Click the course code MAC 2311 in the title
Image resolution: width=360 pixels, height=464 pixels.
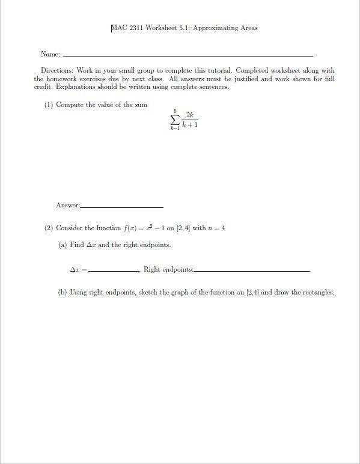point(127,28)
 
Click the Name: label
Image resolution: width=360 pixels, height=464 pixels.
point(50,55)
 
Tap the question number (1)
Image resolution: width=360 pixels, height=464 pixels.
point(49,105)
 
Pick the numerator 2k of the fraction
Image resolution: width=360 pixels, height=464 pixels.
point(189,114)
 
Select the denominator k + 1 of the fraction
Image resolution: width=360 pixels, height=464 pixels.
point(190,124)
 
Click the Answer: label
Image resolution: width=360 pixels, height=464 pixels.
point(67,206)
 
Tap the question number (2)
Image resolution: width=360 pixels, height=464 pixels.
point(49,228)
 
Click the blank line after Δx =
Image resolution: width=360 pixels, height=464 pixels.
point(114,271)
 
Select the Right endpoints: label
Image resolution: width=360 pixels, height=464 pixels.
point(168,269)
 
